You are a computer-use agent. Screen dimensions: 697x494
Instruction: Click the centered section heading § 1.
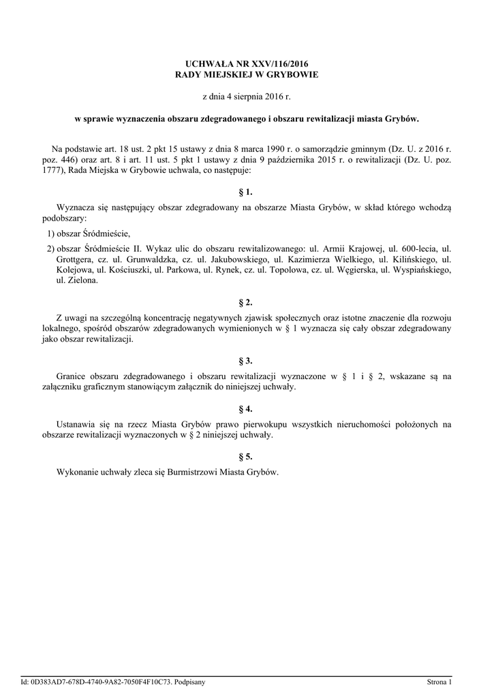(247, 193)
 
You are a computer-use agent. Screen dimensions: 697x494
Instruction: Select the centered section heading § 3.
(247, 361)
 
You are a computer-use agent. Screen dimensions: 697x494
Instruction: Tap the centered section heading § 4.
(247, 409)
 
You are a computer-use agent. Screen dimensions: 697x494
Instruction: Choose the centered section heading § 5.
(247, 457)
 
